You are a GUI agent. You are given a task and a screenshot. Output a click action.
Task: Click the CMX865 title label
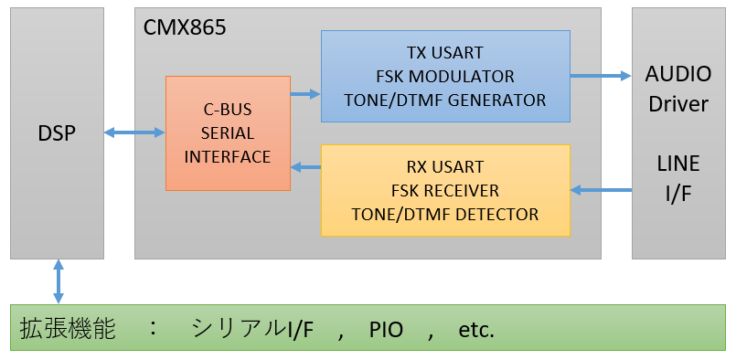point(185,27)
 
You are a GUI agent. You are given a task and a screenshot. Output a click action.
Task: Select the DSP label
point(57,133)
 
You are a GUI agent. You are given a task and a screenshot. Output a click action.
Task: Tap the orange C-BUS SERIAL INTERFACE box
point(228,133)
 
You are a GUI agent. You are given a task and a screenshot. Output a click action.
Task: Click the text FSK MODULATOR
point(444,76)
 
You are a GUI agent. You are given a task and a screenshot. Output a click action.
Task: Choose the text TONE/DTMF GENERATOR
point(444,100)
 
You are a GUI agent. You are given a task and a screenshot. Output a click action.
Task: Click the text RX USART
point(445,167)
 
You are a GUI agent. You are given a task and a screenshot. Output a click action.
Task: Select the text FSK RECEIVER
point(445,191)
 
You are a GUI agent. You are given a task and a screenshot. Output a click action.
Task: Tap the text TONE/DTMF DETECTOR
point(445,215)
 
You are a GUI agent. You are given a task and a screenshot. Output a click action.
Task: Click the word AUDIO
point(677,74)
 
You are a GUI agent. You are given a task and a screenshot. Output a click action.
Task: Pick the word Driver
point(677,103)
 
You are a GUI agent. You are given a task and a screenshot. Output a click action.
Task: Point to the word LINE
point(677,164)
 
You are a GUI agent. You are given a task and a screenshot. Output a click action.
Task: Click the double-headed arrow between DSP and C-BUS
point(134,133)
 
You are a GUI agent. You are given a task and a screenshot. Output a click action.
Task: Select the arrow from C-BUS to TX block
point(305,93)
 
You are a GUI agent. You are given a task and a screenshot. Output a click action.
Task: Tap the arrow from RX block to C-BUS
point(305,167)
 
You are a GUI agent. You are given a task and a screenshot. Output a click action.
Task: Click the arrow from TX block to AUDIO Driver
point(601,76)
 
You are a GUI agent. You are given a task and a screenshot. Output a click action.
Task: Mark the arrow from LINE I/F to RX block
point(601,190)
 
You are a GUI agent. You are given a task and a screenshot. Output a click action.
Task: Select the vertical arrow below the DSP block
point(59,281)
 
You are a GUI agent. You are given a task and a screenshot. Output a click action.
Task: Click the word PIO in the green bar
point(387,330)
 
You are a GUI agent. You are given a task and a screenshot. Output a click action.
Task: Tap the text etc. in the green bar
point(476,330)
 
